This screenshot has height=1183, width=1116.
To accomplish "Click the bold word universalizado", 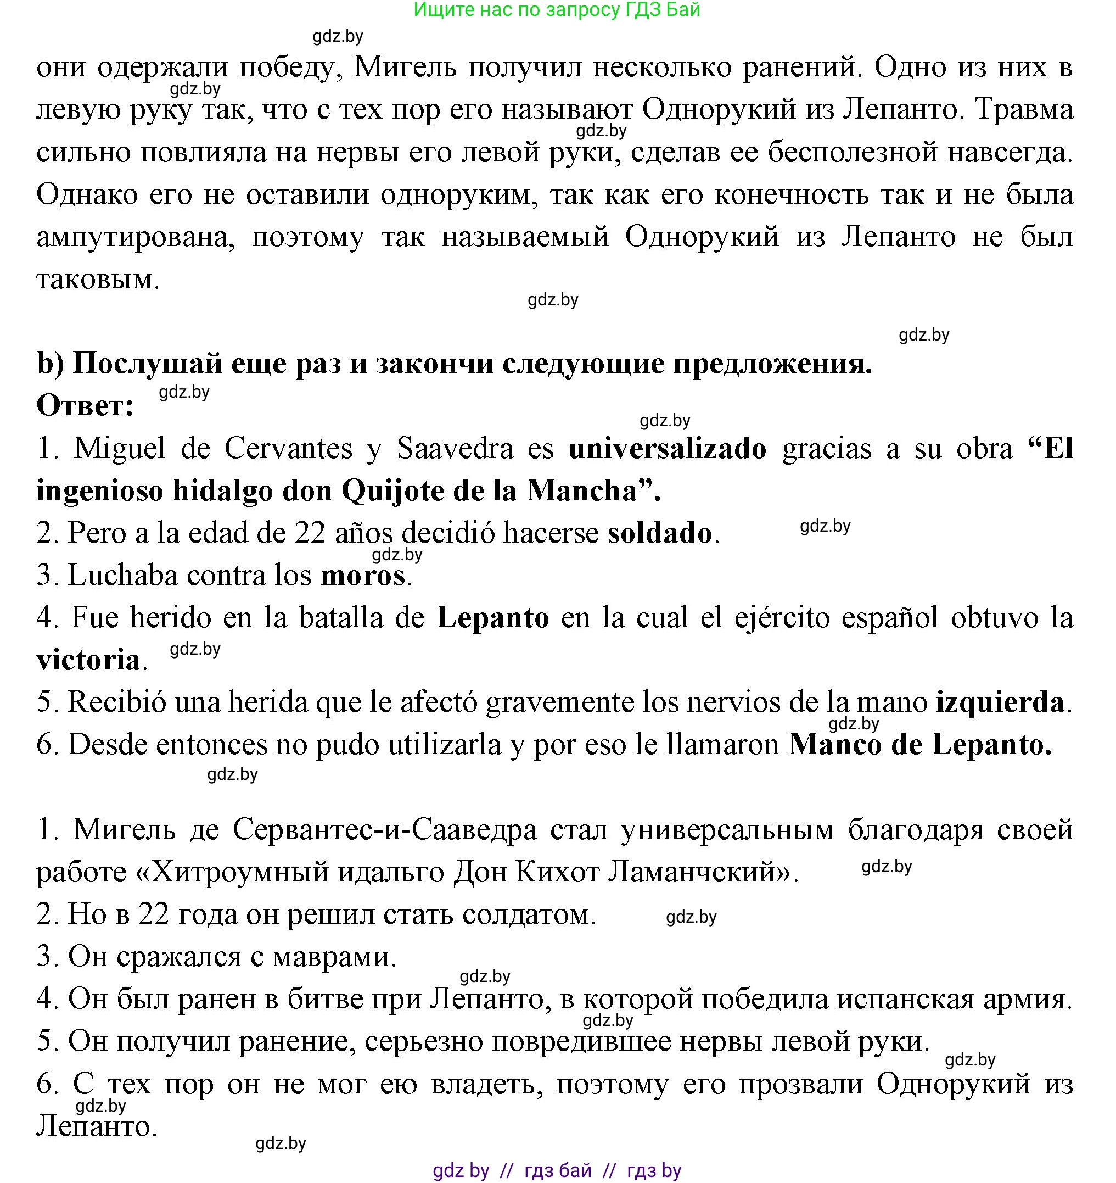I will [667, 449].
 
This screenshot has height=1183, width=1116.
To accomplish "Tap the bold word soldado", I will [659, 534].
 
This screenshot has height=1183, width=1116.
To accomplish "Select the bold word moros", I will [363, 576].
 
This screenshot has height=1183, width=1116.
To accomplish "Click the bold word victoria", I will [88, 661].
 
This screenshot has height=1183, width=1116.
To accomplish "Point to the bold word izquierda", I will [1000, 703].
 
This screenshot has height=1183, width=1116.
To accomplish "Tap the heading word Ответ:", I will [85, 406].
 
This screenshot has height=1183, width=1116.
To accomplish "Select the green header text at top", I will [557, 9].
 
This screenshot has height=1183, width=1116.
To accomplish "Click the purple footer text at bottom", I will [557, 1170].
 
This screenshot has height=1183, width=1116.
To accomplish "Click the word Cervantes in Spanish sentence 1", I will [288, 449].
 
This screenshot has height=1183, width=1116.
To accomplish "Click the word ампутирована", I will [136, 237].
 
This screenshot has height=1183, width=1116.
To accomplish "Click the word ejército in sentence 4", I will [782, 618].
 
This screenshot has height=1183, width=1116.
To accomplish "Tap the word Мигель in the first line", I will [405, 68].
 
